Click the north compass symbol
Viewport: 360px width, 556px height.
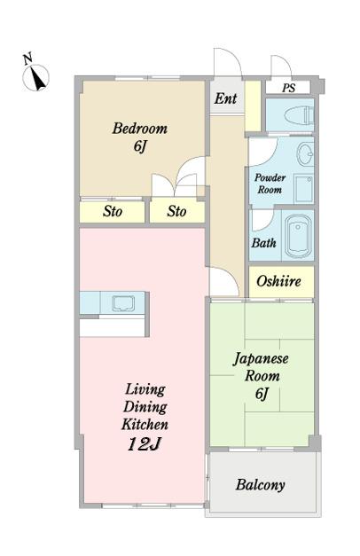click(35, 78)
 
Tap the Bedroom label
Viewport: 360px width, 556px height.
click(140, 129)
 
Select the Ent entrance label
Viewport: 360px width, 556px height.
click(225, 98)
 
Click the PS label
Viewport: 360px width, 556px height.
click(289, 88)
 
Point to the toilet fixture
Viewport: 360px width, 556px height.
click(299, 115)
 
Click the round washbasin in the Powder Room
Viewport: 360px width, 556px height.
click(305, 154)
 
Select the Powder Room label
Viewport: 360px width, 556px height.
click(270, 184)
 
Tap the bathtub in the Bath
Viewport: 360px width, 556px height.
click(299, 236)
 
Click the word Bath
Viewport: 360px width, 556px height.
click(264, 243)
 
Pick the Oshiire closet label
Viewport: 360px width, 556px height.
click(278, 281)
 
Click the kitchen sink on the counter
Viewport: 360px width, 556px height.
click(123, 303)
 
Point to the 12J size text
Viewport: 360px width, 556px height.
click(144, 444)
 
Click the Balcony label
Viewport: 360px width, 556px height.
click(261, 484)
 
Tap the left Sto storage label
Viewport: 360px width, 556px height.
click(113, 211)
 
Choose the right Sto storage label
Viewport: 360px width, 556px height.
click(176, 211)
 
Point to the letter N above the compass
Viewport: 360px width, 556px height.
click(28, 59)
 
